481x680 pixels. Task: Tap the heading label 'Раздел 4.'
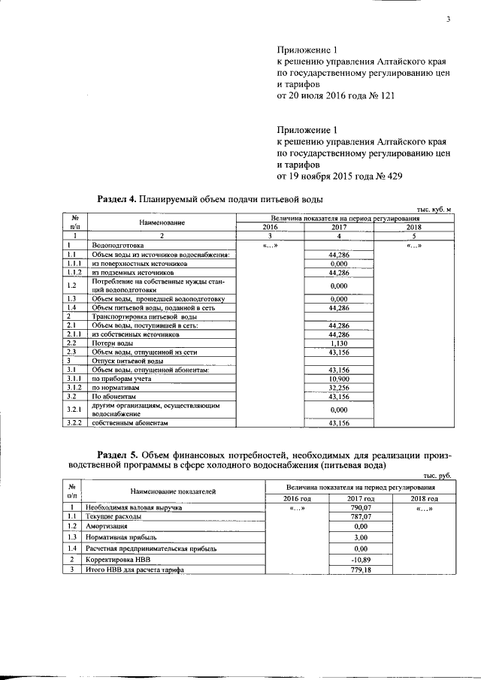pyautogui.click(x=116, y=200)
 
